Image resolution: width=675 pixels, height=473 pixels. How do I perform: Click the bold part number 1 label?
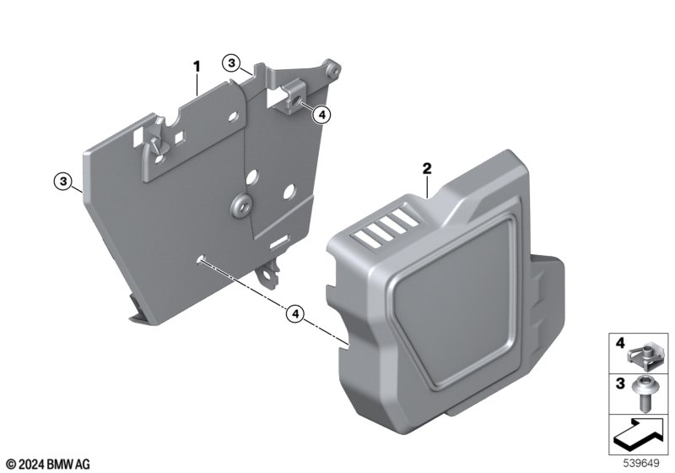click(197, 67)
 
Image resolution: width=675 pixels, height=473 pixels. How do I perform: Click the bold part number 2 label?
click(427, 168)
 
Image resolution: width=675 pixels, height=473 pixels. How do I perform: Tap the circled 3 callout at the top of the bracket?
click(231, 63)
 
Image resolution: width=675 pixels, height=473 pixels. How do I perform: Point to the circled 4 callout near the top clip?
click(321, 115)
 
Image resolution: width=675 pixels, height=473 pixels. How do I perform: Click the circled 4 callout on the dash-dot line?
click(295, 314)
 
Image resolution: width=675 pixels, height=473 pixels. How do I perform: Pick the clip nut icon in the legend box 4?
click(640, 356)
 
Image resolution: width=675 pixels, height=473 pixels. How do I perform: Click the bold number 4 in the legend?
click(620, 343)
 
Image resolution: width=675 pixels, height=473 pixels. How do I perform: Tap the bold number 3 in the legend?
click(620, 383)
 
